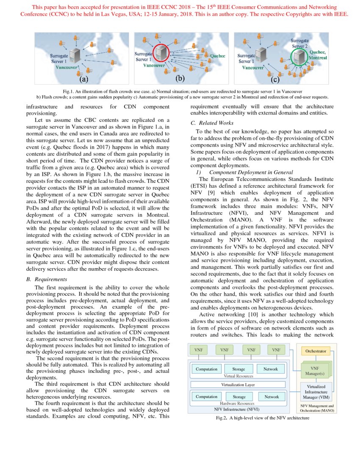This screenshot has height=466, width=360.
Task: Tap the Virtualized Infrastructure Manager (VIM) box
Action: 316,392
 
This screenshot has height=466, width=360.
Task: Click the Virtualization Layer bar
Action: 238,385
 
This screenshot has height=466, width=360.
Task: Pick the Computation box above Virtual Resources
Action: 206,369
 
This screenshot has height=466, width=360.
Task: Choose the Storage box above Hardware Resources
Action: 239,397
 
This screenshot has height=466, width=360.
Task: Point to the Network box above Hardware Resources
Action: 271,397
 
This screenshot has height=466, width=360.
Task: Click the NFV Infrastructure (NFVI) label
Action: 237,409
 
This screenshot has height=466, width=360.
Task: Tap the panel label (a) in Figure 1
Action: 84,79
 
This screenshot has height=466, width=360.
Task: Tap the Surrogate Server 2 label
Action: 299,43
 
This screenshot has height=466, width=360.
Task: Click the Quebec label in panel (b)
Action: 218,55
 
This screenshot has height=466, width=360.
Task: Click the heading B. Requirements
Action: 47,279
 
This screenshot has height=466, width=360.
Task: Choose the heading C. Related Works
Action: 212,123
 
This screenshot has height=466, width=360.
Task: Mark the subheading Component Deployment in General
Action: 251,172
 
